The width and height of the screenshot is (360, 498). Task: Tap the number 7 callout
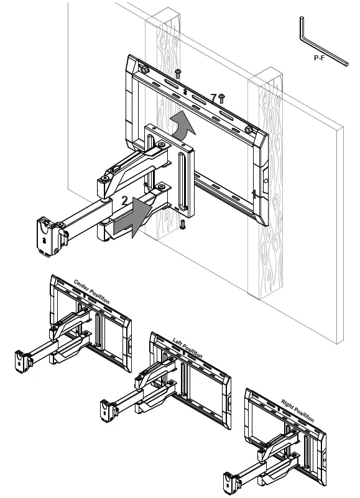tap(213, 98)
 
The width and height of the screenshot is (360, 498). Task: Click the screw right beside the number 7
tap(221, 98)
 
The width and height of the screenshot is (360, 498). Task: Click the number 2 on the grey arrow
tap(124, 200)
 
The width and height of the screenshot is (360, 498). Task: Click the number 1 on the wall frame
tap(253, 193)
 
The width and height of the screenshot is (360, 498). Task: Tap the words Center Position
tap(91, 291)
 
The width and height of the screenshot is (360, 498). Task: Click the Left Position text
tap(187, 347)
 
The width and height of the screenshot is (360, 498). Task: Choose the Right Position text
tap(297, 410)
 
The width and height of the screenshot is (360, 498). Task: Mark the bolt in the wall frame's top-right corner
tap(249, 129)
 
